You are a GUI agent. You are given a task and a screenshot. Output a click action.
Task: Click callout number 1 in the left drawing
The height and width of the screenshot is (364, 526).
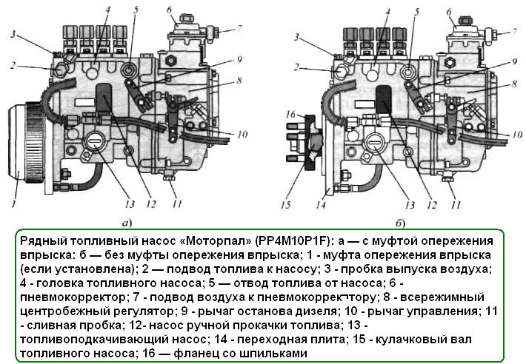[14, 203]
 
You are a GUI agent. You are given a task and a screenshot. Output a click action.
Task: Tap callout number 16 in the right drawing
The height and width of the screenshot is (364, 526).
[290, 115]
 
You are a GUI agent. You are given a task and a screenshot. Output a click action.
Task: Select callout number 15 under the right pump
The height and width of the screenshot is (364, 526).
[284, 205]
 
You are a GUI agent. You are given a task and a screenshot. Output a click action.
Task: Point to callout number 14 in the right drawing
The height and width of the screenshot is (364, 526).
[321, 204]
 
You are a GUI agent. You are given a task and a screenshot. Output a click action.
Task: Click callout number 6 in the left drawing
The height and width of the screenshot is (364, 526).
[170, 10]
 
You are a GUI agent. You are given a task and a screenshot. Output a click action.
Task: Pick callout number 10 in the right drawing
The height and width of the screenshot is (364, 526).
[517, 135]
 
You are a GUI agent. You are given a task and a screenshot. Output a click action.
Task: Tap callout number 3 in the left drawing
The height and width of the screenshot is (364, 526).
[13, 34]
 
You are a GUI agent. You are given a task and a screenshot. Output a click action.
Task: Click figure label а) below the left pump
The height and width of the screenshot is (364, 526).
[127, 223]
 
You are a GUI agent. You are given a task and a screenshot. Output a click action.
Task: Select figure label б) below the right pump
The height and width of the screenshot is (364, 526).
[400, 223]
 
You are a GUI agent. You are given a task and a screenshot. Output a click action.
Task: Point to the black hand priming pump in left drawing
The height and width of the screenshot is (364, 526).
[104, 95]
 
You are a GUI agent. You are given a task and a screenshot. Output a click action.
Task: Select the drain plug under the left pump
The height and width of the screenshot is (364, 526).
[167, 176]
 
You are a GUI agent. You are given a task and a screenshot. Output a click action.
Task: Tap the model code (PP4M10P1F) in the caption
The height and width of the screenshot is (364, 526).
[295, 241]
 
